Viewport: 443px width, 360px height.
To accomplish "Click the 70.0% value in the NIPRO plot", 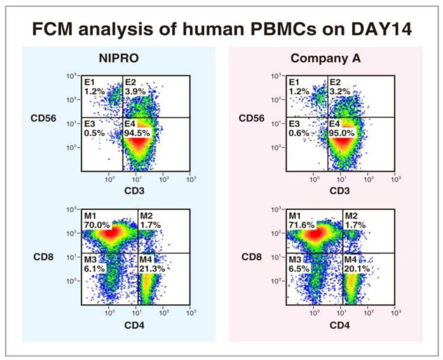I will [97, 225].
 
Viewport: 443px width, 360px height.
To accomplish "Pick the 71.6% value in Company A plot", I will [302, 225].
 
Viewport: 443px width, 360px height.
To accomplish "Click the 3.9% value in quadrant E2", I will [135, 92].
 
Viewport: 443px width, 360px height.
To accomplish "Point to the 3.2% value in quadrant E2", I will [339, 92].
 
